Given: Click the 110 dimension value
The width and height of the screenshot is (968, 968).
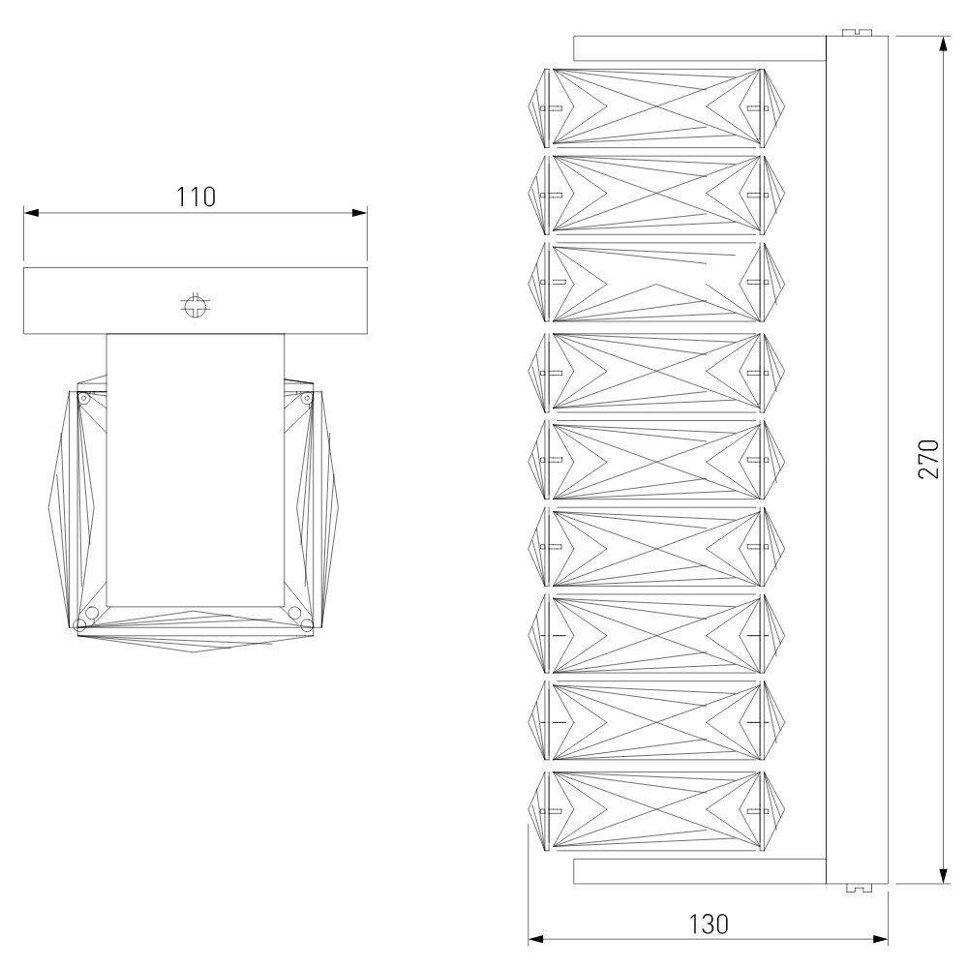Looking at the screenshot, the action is coord(197,197).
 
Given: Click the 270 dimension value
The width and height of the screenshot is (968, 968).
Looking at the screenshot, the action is coord(928,459).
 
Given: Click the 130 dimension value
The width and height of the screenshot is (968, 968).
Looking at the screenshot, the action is coord(709,924).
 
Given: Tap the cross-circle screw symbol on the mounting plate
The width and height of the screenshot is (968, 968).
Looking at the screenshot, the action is coord(196,305).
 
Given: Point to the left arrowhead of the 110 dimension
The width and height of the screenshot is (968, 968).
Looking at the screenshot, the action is coord(31,213).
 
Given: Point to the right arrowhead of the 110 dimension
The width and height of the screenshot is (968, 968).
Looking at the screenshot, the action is coord(359,213).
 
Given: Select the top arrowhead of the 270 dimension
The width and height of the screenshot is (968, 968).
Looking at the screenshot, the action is coord(943,44).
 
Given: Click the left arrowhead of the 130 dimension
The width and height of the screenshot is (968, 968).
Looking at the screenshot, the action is coord(536,940).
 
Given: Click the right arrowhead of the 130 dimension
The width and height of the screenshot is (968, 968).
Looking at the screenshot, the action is coord(881,940).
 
